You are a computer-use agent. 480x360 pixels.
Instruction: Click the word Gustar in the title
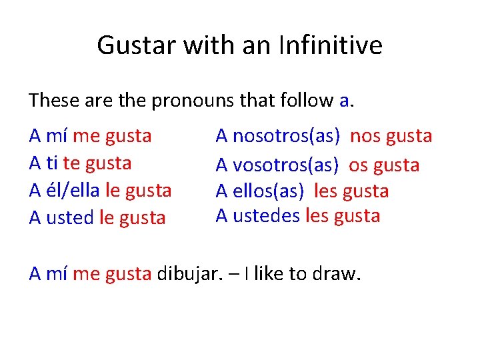133,45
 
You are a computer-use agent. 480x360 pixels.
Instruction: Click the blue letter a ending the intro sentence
344,101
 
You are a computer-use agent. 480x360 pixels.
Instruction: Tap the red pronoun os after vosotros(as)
358,165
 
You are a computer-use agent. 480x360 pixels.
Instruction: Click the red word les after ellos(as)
325,191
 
